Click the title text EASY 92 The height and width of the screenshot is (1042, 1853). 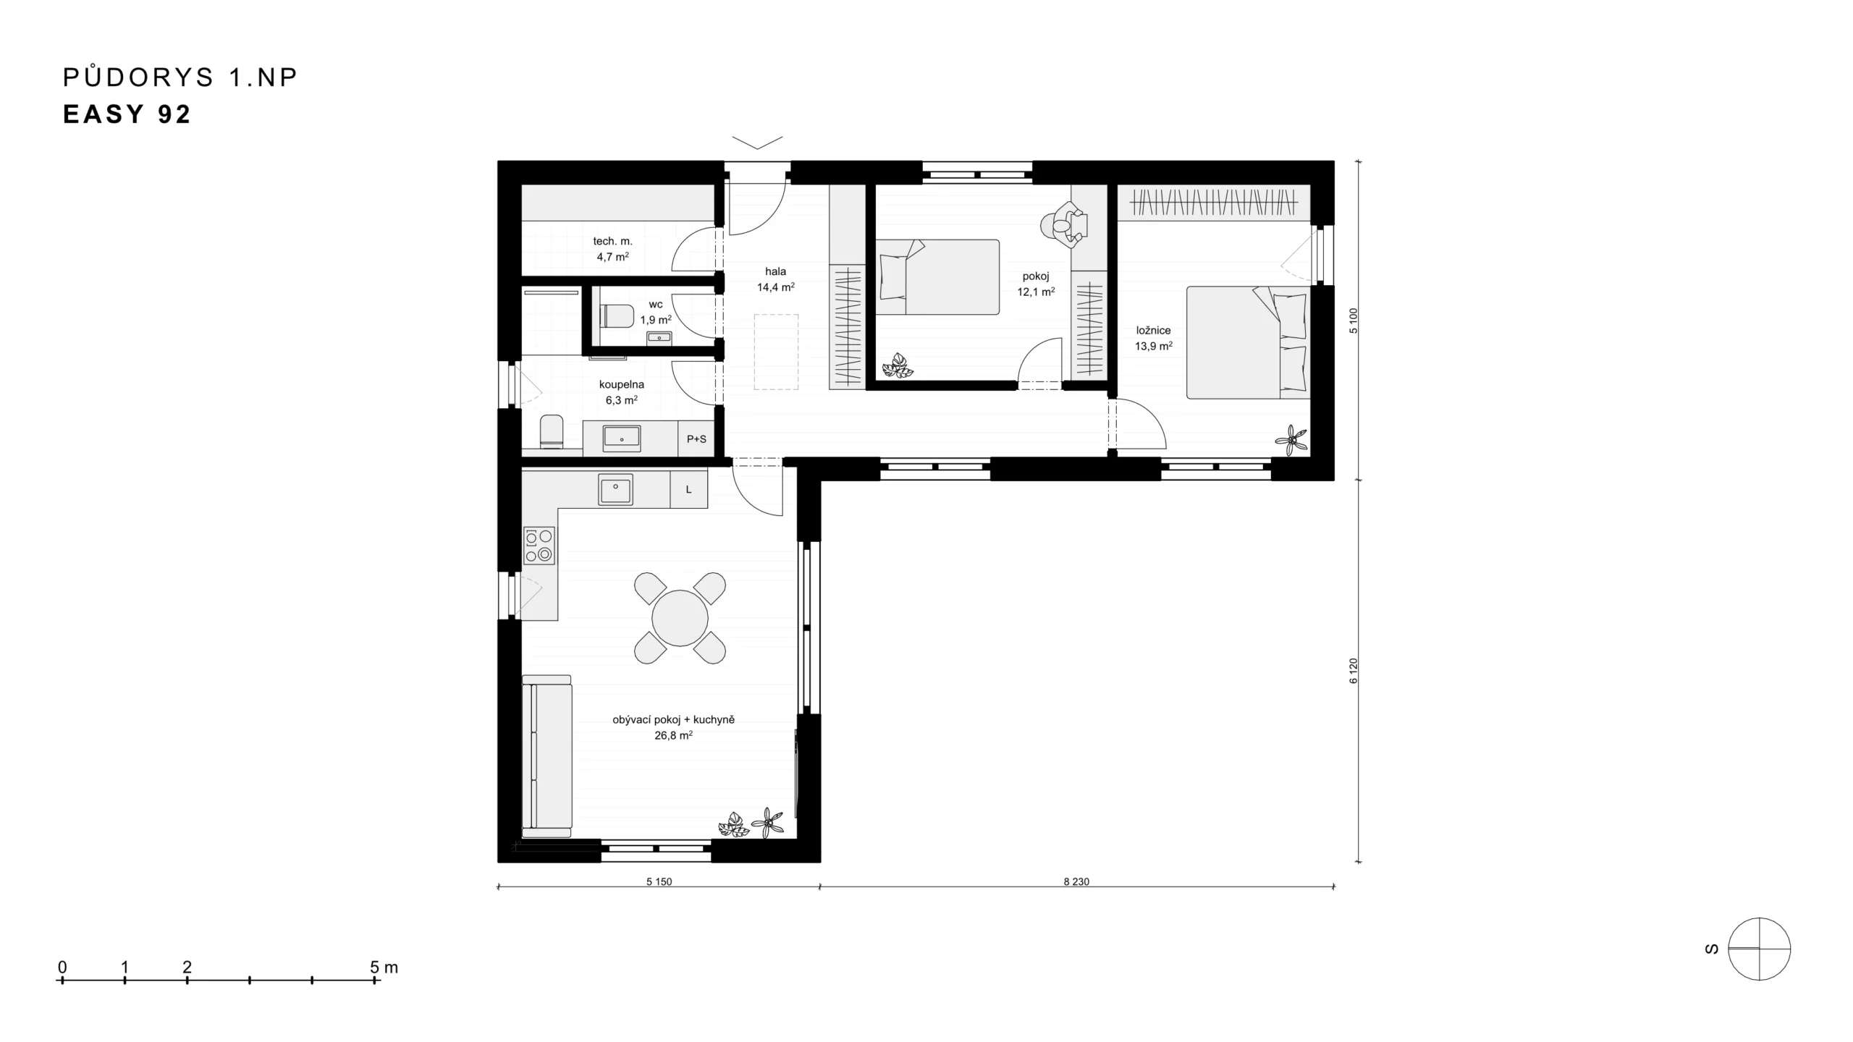[127, 114]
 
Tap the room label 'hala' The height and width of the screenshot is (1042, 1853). [775, 271]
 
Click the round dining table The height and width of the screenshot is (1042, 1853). [680, 618]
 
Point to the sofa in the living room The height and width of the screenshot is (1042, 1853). [546, 752]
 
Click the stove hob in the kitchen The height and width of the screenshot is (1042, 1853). [539, 546]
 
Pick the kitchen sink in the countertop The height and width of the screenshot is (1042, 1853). [615, 489]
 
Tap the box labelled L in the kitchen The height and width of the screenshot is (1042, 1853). [688, 489]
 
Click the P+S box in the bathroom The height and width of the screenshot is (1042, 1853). [696, 439]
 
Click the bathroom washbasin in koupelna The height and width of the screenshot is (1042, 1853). [622, 438]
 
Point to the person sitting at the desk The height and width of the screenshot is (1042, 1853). [1064, 225]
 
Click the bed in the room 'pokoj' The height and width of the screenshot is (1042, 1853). [937, 277]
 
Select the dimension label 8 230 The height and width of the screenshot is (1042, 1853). [1076, 881]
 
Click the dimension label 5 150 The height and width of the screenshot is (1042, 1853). [659, 881]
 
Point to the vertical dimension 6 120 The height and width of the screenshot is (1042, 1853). [1354, 671]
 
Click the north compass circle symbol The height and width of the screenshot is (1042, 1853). [1759, 949]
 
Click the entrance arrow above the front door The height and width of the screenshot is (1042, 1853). [757, 142]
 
